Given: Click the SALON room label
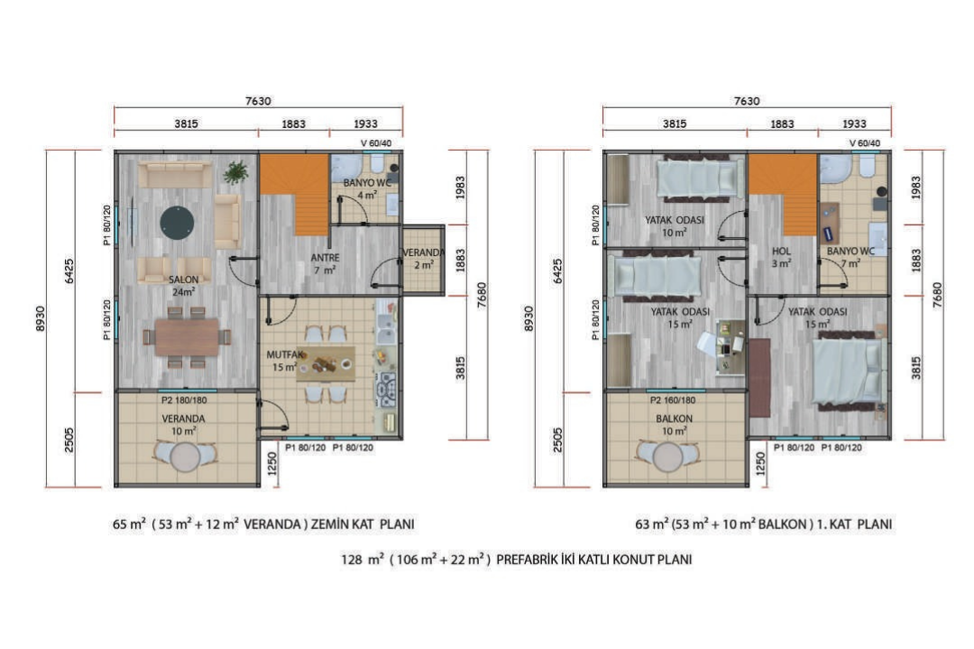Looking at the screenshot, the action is (183, 279).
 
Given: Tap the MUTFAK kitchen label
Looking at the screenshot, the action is (284, 354).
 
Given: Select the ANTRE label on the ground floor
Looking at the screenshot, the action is (325, 257).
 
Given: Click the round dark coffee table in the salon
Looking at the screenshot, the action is (177, 222).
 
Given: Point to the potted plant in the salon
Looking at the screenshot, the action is (235, 172).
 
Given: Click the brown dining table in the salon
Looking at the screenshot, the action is (187, 337).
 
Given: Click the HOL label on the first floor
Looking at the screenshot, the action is (781, 251).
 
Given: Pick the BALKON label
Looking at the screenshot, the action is (674, 419).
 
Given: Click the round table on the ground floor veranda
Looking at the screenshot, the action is (185, 458).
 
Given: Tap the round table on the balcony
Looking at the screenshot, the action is (667, 458).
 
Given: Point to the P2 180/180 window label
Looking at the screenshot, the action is (184, 400).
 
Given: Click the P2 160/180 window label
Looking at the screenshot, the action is (673, 400).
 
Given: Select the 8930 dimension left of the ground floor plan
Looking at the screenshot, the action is (41, 318).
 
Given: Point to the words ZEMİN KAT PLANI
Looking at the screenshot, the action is (363, 525).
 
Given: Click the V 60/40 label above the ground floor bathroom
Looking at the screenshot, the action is (376, 143).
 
